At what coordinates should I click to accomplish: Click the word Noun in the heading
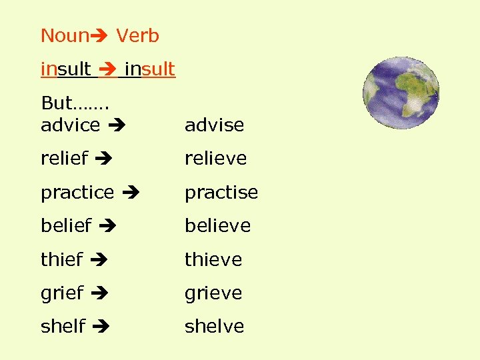pos(65,35)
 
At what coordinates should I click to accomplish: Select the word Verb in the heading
pos(138,35)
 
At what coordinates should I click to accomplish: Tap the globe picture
pos(401,93)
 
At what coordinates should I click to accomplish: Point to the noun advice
pos(70,125)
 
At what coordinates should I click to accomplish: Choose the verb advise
pos(214,125)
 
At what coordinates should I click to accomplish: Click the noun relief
pos(64,159)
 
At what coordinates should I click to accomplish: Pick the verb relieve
pos(215,159)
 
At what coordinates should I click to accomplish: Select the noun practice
pos(77,193)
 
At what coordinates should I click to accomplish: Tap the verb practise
pos(221,193)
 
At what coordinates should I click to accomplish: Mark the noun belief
pos(66,226)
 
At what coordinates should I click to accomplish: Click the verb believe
pos(217,226)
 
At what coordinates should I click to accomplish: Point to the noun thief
pos(62,259)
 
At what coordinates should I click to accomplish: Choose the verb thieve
pos(213,259)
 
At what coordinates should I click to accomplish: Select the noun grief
pos(62,293)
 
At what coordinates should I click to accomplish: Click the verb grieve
pos(213,293)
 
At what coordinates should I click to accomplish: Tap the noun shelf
pos(63,326)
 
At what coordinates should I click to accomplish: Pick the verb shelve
pos(215,326)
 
